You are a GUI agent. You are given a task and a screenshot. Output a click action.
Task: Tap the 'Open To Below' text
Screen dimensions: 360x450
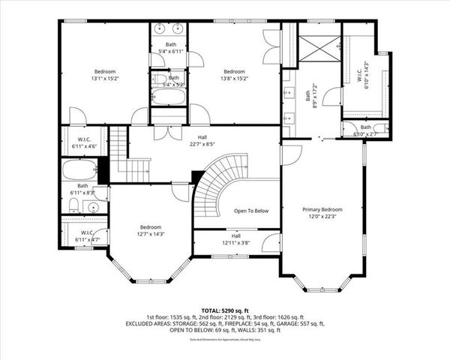tap(250, 211)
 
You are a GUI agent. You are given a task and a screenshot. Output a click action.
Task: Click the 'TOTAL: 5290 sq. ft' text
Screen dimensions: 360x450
tap(225, 310)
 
